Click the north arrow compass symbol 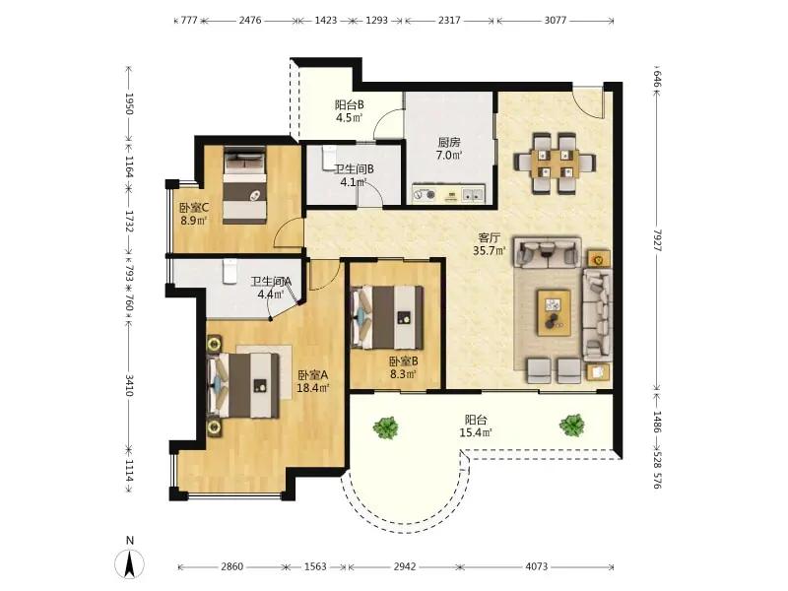click(130, 562)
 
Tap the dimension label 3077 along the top click(556, 21)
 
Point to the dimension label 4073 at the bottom click(537, 567)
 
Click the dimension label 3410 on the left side click(129, 385)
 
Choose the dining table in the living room click(555, 164)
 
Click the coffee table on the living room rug click(554, 312)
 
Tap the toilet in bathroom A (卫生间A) click(230, 272)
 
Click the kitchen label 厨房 click(449, 143)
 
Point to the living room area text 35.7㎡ click(489, 250)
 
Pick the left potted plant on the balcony click(386, 427)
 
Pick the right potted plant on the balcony click(572, 426)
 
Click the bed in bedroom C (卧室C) click(244, 185)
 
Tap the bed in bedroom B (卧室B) click(387, 317)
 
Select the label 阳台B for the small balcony click(350, 105)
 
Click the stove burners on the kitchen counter click(425, 194)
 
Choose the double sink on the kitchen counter click(473, 194)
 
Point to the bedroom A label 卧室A click(312, 375)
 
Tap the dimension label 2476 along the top click(250, 21)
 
